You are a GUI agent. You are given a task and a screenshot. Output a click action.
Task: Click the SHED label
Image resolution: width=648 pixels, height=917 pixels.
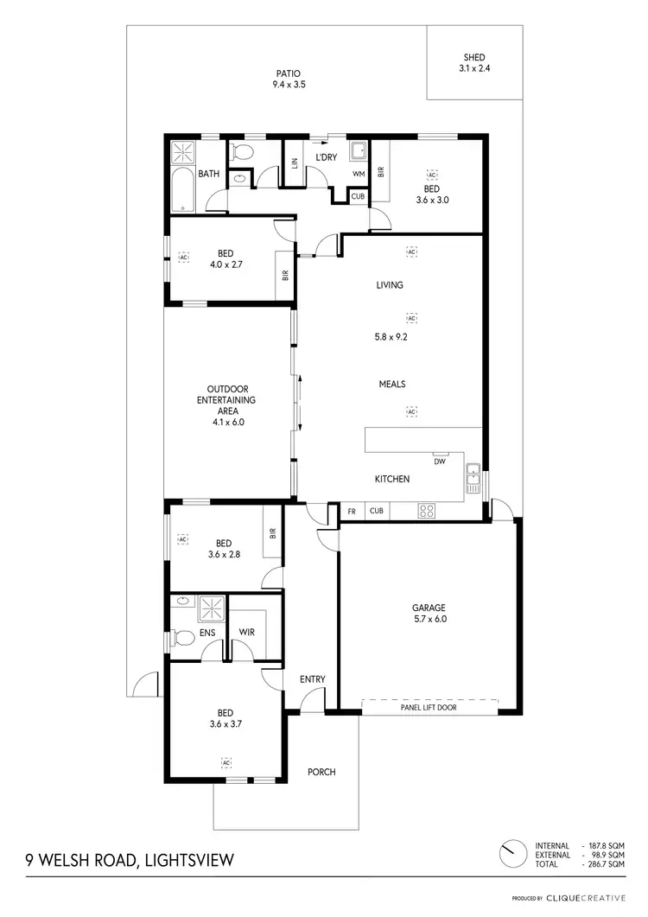pyautogui.click(x=474, y=58)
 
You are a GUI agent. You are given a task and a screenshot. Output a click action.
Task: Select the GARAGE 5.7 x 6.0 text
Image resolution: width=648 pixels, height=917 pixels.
pyautogui.click(x=429, y=612)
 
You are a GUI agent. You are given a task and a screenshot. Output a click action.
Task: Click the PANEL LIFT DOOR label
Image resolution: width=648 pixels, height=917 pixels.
pyautogui.click(x=429, y=707)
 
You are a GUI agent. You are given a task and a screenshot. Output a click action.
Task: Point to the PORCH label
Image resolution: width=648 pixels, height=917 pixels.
pyautogui.click(x=321, y=772)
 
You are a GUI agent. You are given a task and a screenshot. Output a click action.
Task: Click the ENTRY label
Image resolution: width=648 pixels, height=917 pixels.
pyautogui.click(x=312, y=679)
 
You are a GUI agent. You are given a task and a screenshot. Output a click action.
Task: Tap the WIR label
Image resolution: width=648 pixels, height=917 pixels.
pyautogui.click(x=246, y=633)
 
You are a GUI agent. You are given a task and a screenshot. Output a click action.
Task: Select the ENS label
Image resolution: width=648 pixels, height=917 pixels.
pyautogui.click(x=208, y=633)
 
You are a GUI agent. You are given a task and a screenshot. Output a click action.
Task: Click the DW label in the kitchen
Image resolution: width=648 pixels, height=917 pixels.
pyautogui.click(x=440, y=462)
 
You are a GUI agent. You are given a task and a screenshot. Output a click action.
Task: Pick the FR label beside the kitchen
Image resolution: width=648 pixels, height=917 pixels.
pyautogui.click(x=352, y=511)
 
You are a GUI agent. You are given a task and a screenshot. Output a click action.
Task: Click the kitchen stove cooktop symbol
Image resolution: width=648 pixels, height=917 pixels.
pyautogui.click(x=427, y=510)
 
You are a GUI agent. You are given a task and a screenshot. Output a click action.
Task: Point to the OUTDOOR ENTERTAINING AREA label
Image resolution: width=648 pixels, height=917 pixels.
pyautogui.click(x=226, y=405)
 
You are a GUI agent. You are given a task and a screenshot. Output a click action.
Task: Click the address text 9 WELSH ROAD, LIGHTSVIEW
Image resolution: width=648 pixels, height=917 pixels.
pyautogui.click(x=129, y=861)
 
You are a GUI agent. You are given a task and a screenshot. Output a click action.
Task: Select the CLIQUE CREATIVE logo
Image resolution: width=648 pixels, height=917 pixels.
pyautogui.click(x=585, y=898)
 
